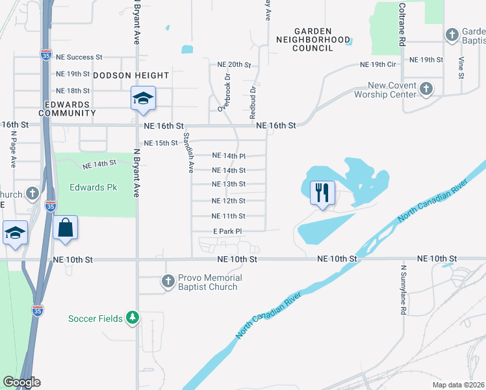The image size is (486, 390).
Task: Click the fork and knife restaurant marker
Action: [323, 192]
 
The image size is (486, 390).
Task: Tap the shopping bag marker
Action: [66, 227]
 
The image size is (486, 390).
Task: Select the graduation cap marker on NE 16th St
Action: [143, 99]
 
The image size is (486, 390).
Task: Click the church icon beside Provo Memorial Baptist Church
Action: [168, 282]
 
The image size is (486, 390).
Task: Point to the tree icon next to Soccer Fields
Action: [133, 318]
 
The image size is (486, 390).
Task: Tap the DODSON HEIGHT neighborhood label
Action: [131, 75]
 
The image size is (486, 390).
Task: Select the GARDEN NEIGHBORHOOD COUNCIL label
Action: [313, 40]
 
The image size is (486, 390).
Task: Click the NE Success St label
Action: [79, 57]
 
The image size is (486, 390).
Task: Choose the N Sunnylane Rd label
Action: [403, 289]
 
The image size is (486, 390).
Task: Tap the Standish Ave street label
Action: [188, 153]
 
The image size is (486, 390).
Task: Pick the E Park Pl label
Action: [227, 231]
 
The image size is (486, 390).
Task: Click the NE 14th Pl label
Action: [229, 156]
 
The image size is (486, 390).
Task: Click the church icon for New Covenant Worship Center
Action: [426, 88]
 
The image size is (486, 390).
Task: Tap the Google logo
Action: [21, 382]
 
